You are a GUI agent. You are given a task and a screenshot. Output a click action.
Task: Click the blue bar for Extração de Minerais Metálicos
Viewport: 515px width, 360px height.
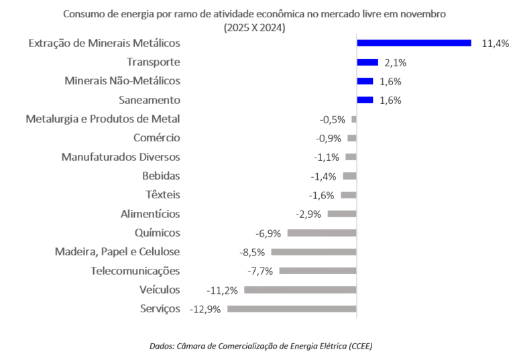pos(414,43)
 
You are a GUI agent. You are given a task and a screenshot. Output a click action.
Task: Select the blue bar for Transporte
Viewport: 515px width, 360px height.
pos(367,62)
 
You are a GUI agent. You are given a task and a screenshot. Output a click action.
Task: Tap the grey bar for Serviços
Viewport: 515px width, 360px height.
pos(292,309)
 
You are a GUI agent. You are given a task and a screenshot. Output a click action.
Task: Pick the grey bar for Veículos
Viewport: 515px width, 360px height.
pos(300,290)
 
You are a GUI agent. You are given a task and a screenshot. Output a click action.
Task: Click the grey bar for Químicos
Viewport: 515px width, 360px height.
pos(322,233)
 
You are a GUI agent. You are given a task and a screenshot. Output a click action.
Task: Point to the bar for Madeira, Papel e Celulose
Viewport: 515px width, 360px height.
pos(314,252)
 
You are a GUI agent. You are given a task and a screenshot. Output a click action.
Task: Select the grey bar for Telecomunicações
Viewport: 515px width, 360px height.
pos(318,271)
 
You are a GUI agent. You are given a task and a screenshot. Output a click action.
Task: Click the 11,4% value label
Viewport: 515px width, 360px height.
pos(495,44)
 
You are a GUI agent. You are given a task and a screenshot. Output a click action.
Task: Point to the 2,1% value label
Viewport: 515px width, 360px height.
pos(396,63)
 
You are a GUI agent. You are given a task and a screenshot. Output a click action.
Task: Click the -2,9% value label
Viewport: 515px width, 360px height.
pos(308,215)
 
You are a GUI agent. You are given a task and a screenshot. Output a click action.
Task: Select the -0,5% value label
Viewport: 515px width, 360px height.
pos(332,120)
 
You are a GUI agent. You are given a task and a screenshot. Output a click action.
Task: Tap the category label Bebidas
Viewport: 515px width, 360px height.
pos(161,176)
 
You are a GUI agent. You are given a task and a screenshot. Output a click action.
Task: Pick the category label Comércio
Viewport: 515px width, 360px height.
pos(157,138)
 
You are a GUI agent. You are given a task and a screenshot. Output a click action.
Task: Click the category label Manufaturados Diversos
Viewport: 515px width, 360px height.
pos(121,157)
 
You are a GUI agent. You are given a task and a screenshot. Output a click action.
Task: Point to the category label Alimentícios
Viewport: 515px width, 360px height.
pos(150,214)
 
